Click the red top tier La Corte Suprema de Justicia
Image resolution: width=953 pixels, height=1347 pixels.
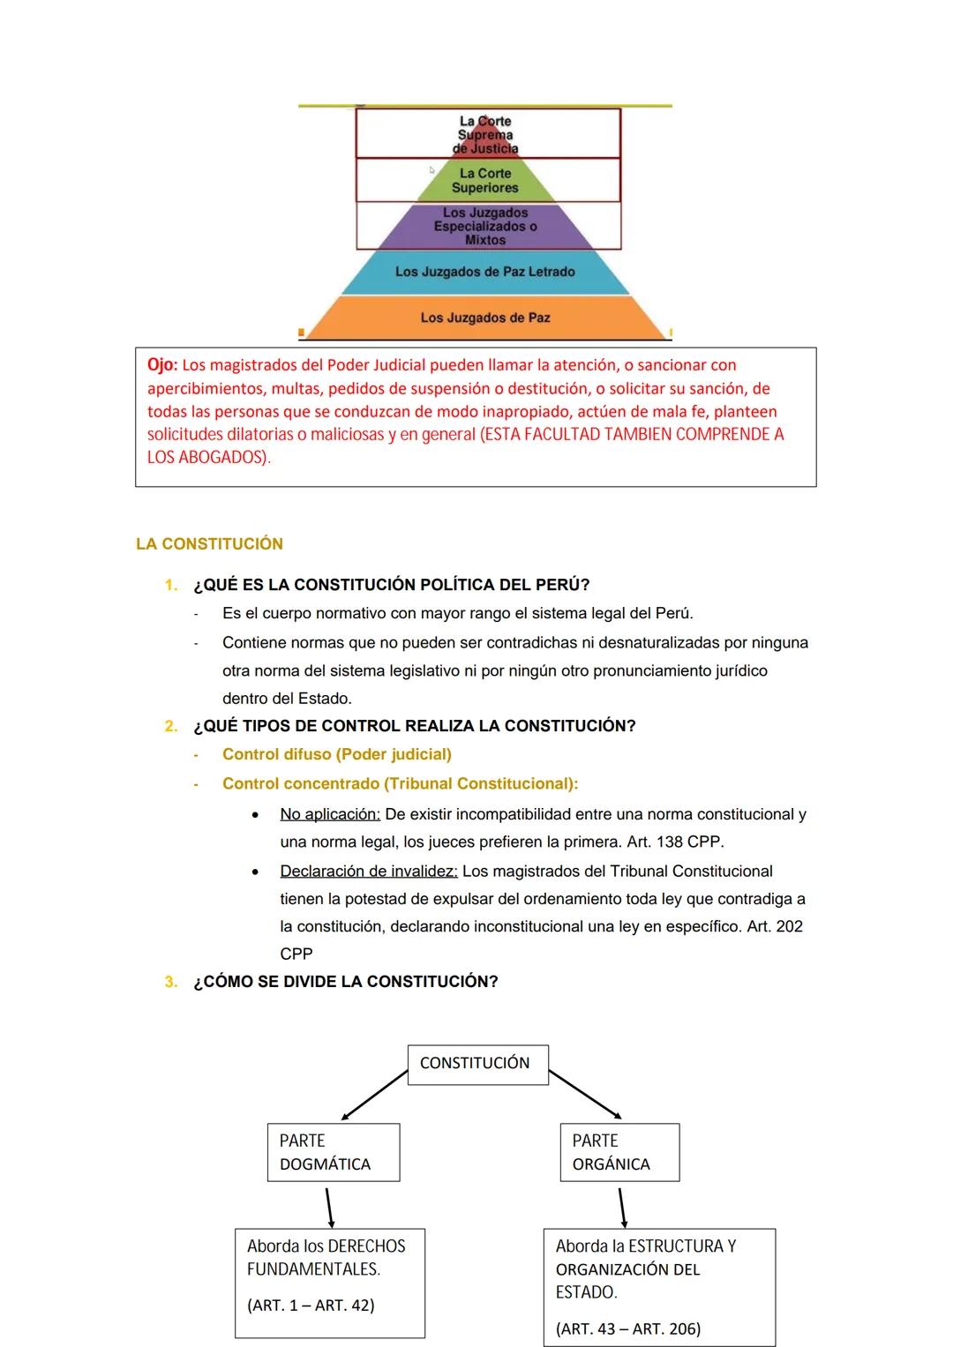pyautogui.click(x=485, y=135)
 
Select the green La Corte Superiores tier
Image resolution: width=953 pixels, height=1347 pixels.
pyautogui.click(x=485, y=181)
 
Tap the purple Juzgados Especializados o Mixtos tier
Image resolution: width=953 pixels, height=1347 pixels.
pyautogui.click(x=485, y=226)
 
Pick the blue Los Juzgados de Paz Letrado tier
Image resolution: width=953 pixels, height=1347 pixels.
pyautogui.click(x=485, y=272)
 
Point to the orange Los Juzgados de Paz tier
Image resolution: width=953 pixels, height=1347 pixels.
pyautogui.click(x=485, y=318)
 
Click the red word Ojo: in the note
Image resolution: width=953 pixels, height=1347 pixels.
pyautogui.click(x=162, y=365)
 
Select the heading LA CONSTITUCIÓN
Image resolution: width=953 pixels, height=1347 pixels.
pyautogui.click(x=209, y=544)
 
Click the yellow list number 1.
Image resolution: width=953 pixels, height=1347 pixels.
pyautogui.click(x=170, y=585)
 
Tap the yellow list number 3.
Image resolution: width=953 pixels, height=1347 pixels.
pyautogui.click(x=170, y=982)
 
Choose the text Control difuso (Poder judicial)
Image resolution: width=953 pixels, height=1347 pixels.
pyautogui.click(x=336, y=754)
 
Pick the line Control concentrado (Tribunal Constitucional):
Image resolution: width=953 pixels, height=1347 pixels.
pyautogui.click(x=400, y=783)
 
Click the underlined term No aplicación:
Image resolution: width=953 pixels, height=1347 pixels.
pyautogui.click(x=330, y=814)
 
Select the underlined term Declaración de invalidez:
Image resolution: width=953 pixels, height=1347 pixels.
pyautogui.click(x=369, y=872)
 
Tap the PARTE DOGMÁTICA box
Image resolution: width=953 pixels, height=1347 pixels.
pyautogui.click(x=334, y=1152)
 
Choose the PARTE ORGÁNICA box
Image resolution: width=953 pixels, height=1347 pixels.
pyautogui.click(x=619, y=1152)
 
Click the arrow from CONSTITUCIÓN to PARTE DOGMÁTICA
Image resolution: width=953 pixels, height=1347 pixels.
pyautogui.click(x=374, y=1096)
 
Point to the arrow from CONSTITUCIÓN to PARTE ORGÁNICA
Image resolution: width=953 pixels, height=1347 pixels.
pyautogui.click(x=585, y=1094)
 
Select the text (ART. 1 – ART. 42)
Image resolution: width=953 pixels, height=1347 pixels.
pyautogui.click(x=311, y=1306)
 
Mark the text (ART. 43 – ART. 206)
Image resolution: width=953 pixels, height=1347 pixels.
pyautogui.click(x=628, y=1328)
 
